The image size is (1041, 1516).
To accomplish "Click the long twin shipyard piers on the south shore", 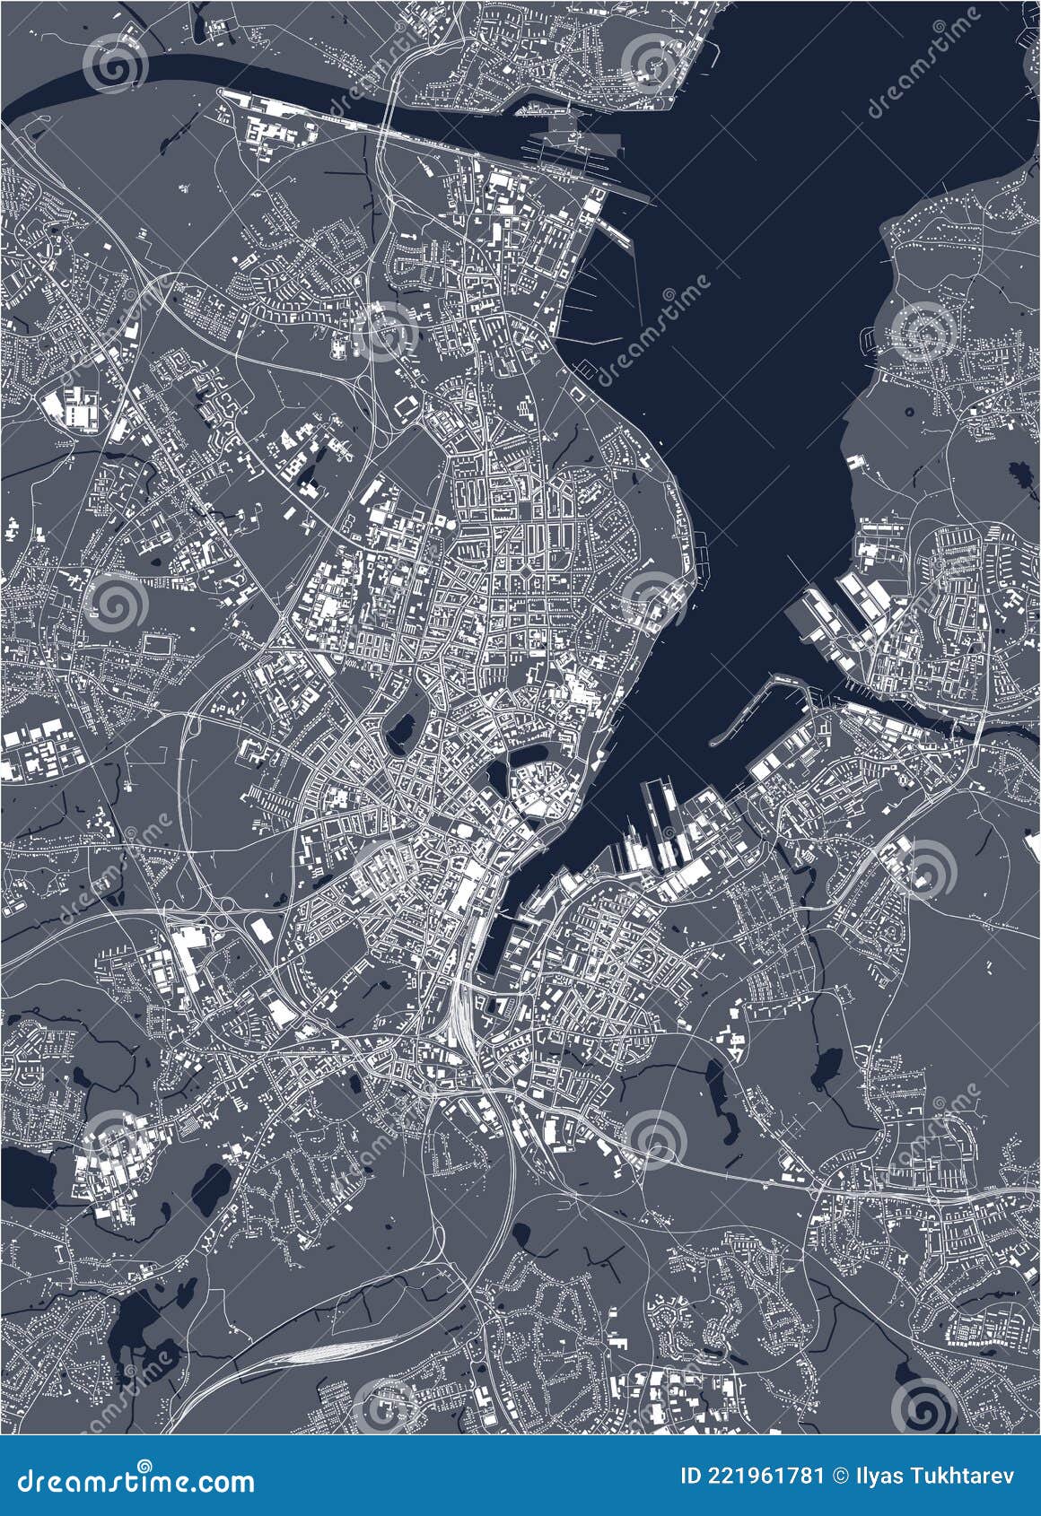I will point(660,807).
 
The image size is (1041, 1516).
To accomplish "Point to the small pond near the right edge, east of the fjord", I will point(1019,471).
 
